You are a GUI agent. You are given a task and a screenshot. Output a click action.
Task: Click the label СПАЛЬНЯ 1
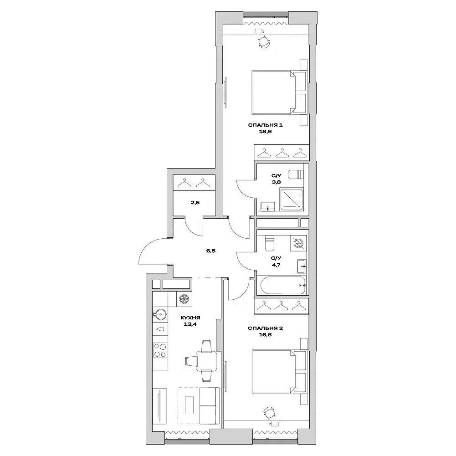266,125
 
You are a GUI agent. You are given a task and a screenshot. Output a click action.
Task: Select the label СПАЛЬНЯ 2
266,328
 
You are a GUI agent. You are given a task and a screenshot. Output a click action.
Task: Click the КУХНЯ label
190,318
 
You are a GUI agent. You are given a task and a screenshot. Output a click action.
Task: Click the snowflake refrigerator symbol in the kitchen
184,299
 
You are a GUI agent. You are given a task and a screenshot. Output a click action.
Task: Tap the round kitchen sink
159,313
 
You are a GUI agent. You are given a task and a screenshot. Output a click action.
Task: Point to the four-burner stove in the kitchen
160,349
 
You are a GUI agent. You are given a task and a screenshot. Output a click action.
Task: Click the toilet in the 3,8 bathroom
296,174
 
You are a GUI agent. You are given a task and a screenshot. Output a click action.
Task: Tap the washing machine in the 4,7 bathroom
298,244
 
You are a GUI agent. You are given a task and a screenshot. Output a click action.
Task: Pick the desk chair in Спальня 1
264,42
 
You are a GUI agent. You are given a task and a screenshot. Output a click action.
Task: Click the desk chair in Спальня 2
269,412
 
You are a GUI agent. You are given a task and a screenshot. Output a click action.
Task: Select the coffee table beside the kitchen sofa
190,404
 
